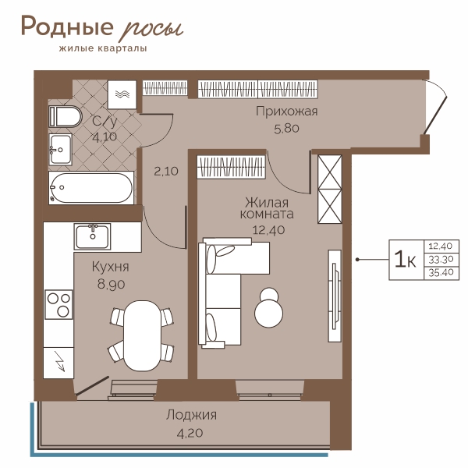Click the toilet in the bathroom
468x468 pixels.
[x=65, y=116]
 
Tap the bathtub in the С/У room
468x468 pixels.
[x=91, y=188]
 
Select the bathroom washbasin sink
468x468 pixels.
[x=60, y=149]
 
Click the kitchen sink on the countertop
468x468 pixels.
[x=93, y=236]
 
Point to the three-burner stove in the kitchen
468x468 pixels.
[x=58, y=304]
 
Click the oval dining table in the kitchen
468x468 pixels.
[x=143, y=335]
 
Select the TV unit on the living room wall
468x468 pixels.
[x=335, y=296]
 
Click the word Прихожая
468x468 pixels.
[x=286, y=112]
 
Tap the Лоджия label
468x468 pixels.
[x=192, y=416]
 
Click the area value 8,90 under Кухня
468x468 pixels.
[x=111, y=285]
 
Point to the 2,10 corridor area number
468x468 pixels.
[x=166, y=172]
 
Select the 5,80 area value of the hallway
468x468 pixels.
[x=286, y=129]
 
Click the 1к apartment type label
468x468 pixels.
[x=405, y=259]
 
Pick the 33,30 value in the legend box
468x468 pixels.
[x=441, y=260]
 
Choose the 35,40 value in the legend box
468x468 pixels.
[x=441, y=272]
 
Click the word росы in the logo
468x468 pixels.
[x=151, y=30]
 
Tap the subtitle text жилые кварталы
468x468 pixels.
[x=103, y=48]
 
